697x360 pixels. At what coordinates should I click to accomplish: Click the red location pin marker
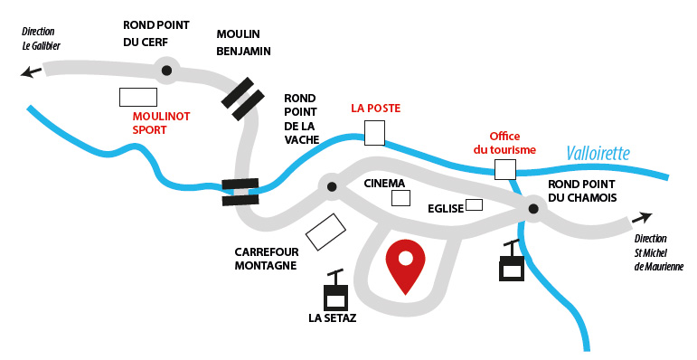[x=405, y=263]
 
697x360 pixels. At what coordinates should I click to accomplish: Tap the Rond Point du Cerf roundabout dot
[x=166, y=69]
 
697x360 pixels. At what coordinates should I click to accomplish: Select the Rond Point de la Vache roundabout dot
[x=332, y=187]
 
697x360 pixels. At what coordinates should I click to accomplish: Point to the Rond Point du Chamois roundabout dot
[x=533, y=210]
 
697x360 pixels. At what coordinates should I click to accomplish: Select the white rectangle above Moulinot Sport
[x=138, y=97]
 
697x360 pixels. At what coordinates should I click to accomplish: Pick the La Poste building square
[x=374, y=134]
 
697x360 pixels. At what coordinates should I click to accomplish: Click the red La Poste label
[x=375, y=109]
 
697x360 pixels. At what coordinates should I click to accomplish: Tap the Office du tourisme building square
[x=504, y=169]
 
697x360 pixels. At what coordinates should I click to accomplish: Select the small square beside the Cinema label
[x=400, y=198]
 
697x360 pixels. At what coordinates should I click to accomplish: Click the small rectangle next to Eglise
[x=474, y=205]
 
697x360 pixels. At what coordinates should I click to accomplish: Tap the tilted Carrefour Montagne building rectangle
[x=325, y=232]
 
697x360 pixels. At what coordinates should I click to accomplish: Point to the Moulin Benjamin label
[x=244, y=43]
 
